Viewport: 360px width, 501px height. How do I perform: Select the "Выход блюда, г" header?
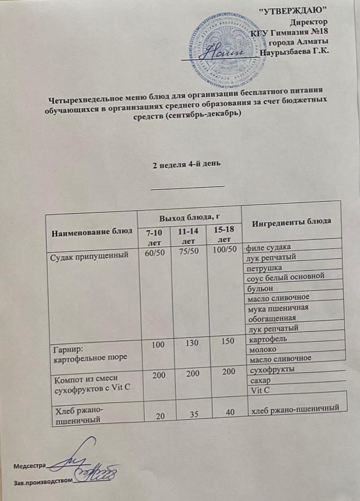[189, 217]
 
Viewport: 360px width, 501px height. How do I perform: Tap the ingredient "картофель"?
[267, 339]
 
